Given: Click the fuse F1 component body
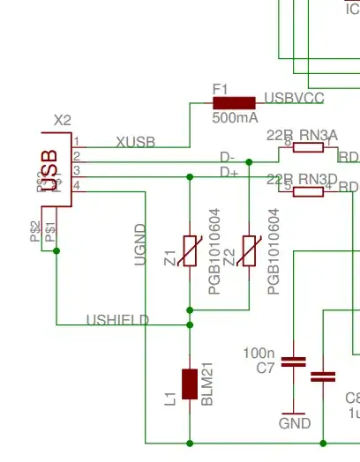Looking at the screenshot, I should point(234,102).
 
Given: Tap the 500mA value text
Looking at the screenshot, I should point(235,116).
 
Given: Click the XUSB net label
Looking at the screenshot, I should point(135,141).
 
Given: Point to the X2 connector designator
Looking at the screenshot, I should point(62,120).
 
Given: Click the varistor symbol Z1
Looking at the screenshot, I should point(190,250).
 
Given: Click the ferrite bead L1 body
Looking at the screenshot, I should point(190,384).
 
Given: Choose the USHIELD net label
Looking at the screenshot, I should point(117,319).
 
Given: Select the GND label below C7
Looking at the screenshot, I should point(294,423).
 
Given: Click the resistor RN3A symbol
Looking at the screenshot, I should point(308,149).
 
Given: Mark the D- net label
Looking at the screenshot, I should point(228,157).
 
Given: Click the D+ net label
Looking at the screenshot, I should point(229,171).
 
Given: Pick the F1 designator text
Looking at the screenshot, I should point(221,88).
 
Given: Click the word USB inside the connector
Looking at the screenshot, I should point(50,168).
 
